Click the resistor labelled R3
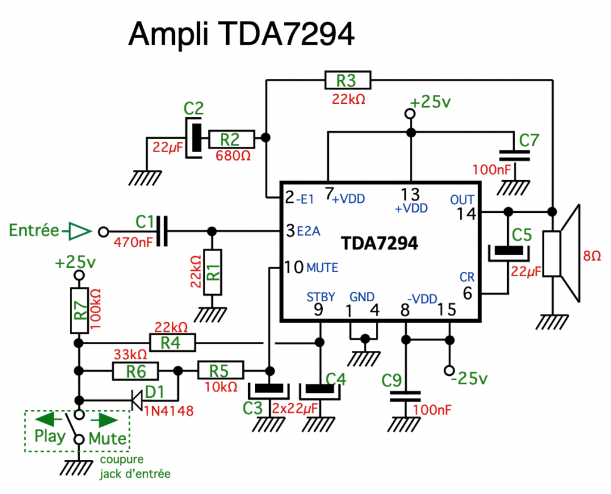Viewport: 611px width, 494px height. click(347, 80)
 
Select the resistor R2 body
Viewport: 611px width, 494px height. click(232, 140)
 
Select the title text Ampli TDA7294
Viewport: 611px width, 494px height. click(241, 34)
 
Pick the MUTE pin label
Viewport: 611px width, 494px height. click(322, 268)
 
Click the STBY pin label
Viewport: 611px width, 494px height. click(321, 296)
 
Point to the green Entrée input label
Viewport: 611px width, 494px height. click(35, 230)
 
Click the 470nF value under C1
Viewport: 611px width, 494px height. click(133, 242)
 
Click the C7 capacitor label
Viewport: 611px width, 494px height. click(529, 141)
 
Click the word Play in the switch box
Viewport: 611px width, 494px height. click(50, 436)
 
